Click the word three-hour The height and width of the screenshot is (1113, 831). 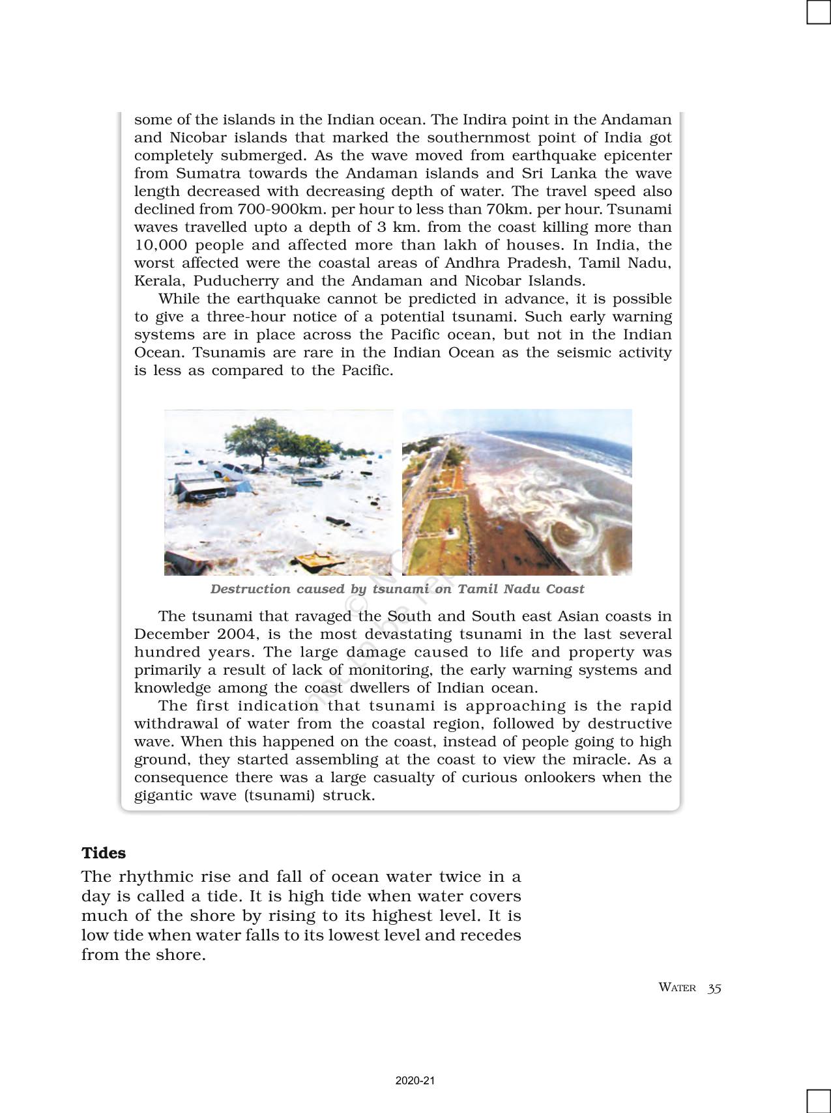(x=246, y=317)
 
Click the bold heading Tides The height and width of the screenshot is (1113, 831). (x=104, y=853)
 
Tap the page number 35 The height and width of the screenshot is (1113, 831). (x=714, y=988)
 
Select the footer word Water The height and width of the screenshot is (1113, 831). (x=677, y=988)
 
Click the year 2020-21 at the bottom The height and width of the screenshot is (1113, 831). (x=415, y=1081)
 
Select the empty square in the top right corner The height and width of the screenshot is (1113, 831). (x=819, y=12)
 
